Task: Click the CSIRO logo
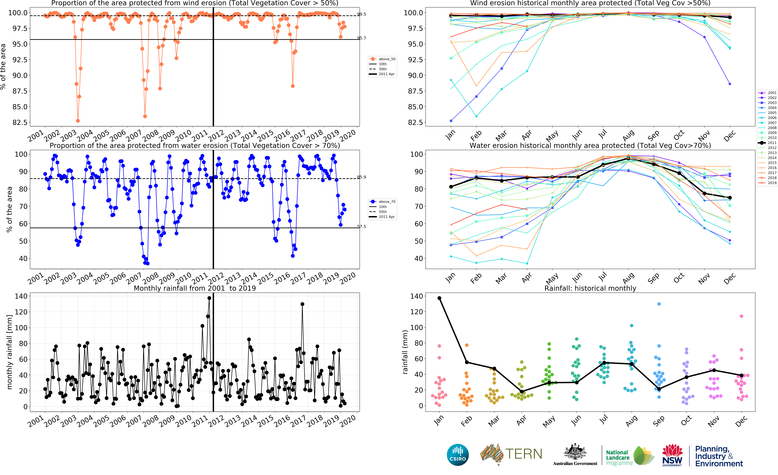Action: pyautogui.click(x=458, y=455)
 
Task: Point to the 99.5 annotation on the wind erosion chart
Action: pyautogui.click(x=362, y=14)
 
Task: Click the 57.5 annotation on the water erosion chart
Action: pyautogui.click(x=362, y=227)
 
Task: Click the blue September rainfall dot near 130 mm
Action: pyautogui.click(x=659, y=304)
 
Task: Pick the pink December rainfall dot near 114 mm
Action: pyautogui.click(x=741, y=316)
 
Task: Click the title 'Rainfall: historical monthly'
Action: pyautogui.click(x=590, y=288)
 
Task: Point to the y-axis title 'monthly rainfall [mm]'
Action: pyautogui.click(x=9, y=352)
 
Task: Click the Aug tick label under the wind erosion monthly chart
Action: pyautogui.click(x=628, y=135)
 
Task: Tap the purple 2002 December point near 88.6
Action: pyautogui.click(x=730, y=84)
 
